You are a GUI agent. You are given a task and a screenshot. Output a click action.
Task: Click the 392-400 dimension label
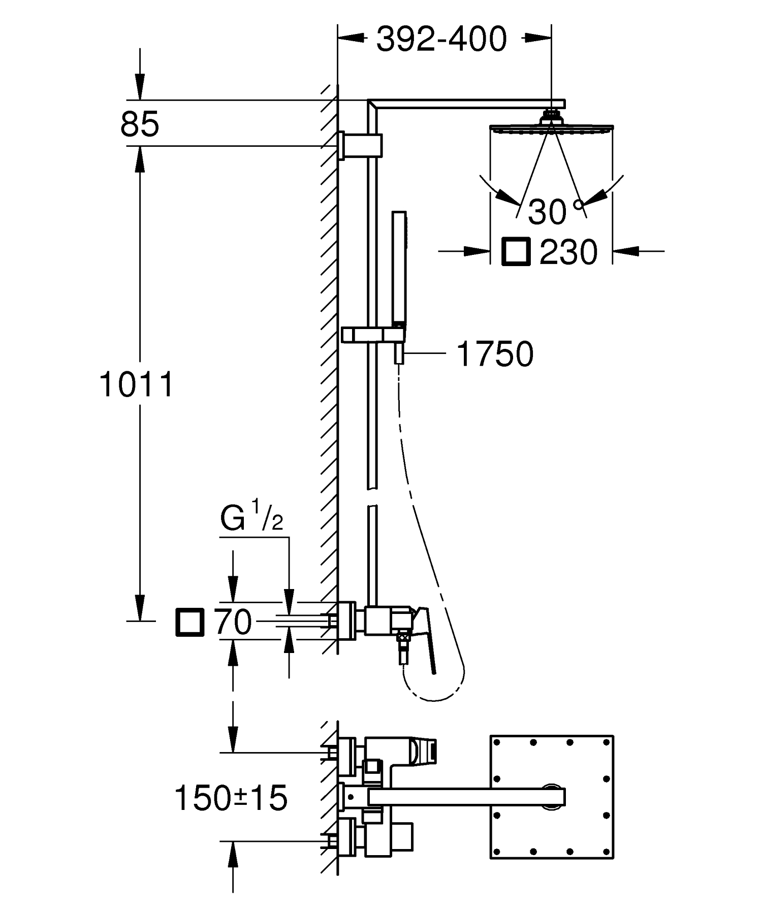(x=441, y=39)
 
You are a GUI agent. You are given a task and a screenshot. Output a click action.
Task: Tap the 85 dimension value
(x=140, y=123)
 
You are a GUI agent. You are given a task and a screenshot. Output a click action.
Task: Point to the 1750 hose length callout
(x=495, y=354)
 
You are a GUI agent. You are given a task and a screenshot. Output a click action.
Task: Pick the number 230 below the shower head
(x=568, y=252)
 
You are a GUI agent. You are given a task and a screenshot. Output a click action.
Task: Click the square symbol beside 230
(x=516, y=251)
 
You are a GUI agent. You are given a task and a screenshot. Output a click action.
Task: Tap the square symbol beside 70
(x=189, y=622)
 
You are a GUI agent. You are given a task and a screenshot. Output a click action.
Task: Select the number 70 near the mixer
(x=233, y=622)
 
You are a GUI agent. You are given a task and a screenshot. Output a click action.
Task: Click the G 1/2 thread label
(x=251, y=518)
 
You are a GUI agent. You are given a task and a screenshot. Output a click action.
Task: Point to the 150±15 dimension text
(x=231, y=798)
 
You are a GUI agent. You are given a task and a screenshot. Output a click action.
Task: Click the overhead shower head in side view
(x=552, y=127)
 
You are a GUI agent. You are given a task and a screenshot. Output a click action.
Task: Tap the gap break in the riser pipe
(x=373, y=498)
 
